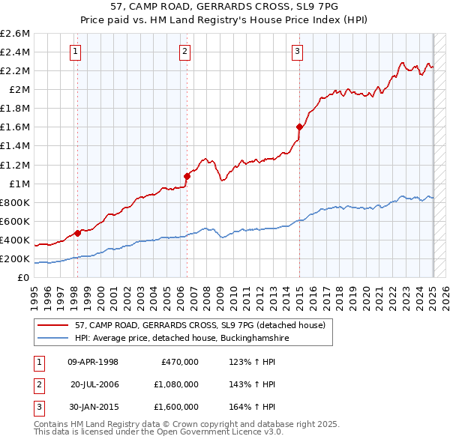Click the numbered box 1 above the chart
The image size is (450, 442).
coord(76,51)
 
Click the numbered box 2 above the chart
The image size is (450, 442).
coord(184,51)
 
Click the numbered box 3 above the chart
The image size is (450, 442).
coord(298,51)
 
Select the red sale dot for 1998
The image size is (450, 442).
coord(77,233)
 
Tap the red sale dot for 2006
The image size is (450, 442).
coord(187,176)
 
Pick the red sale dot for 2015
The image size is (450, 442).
coord(299,127)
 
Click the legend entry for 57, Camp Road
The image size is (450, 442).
coord(199,325)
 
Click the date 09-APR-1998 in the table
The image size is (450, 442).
coord(93,362)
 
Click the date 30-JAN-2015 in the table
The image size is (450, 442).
coord(93,407)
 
